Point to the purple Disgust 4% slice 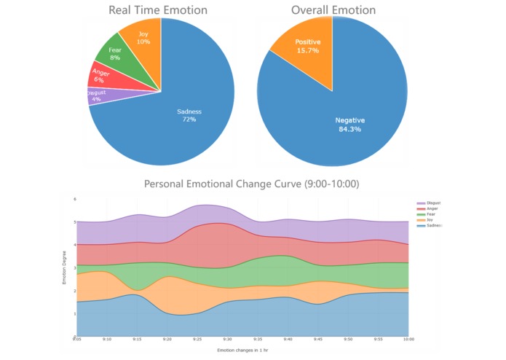[97, 95]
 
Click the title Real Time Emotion [158, 10]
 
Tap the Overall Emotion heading [333, 10]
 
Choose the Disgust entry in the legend [430, 203]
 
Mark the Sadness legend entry [430, 226]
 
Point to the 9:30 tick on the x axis [227, 340]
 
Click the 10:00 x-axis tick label [408, 340]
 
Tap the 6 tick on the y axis [75, 199]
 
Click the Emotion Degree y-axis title [64, 267]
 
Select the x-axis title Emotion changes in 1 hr [242, 351]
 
